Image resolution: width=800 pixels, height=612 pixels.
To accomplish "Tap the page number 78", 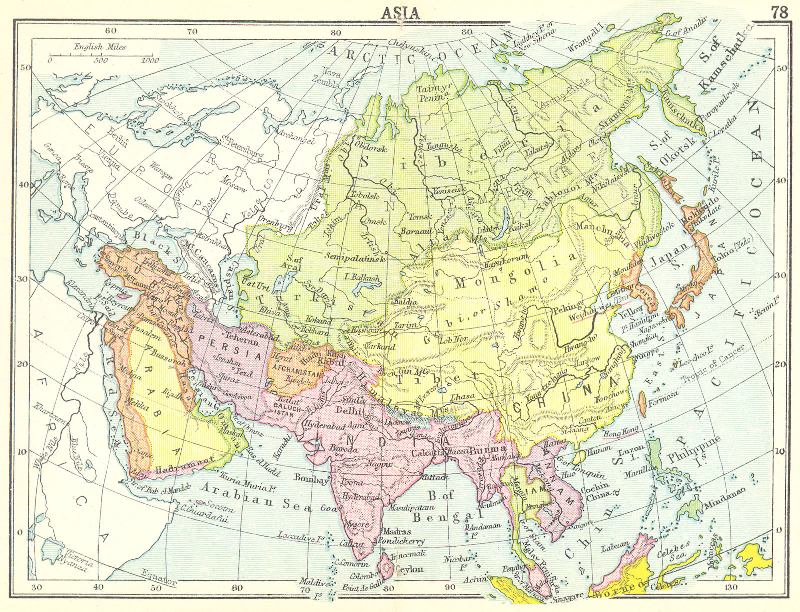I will point(779,12).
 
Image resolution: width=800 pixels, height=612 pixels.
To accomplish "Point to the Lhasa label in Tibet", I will point(461,397).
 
